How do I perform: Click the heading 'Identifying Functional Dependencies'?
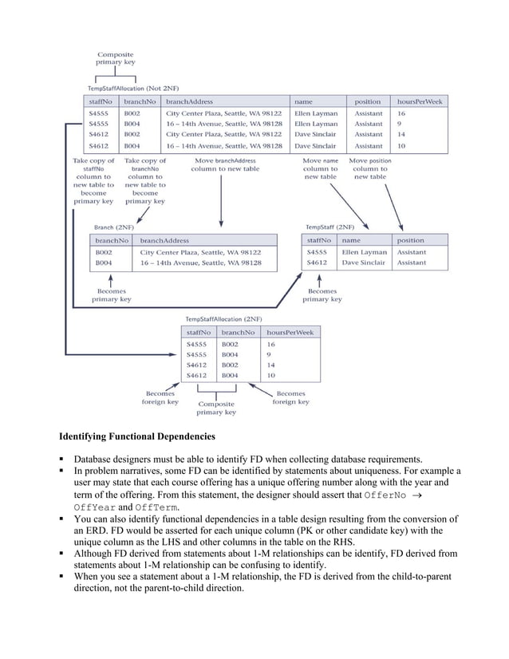pyautogui.click(x=137, y=436)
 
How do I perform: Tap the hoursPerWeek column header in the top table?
pyautogui.click(x=420, y=102)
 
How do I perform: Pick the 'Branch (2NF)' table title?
pyautogui.click(x=114, y=227)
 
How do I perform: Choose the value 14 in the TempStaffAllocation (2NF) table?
pyautogui.click(x=271, y=365)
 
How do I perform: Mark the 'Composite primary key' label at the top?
pyautogui.click(x=116, y=57)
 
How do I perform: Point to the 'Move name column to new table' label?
pyautogui.click(x=320, y=169)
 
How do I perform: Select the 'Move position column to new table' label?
pyautogui.click(x=369, y=169)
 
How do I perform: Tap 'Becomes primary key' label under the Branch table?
pyautogui.click(x=111, y=295)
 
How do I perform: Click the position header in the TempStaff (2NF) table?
pyautogui.click(x=411, y=240)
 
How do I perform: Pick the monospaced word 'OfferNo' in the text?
pyautogui.click(x=389, y=495)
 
